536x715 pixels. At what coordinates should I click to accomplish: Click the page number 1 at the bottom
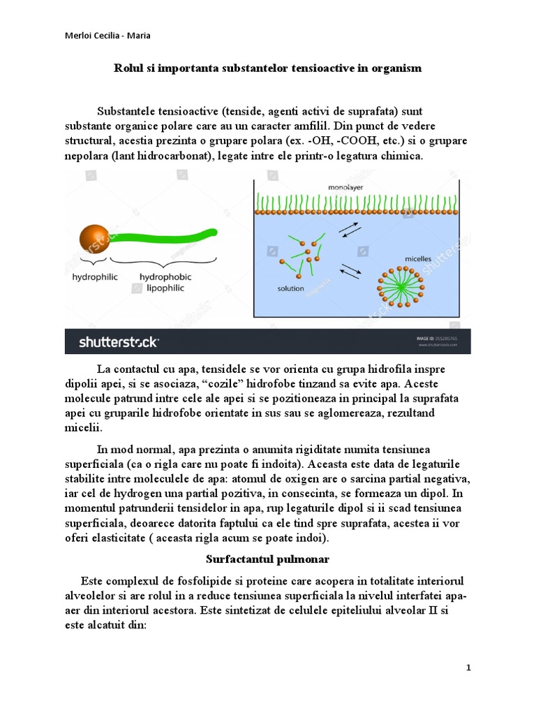click(x=469, y=668)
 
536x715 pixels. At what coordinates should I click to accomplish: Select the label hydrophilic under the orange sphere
click(x=96, y=277)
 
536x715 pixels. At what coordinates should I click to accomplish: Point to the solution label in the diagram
click(x=290, y=288)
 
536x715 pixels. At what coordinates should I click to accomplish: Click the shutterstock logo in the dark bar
click(x=119, y=341)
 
